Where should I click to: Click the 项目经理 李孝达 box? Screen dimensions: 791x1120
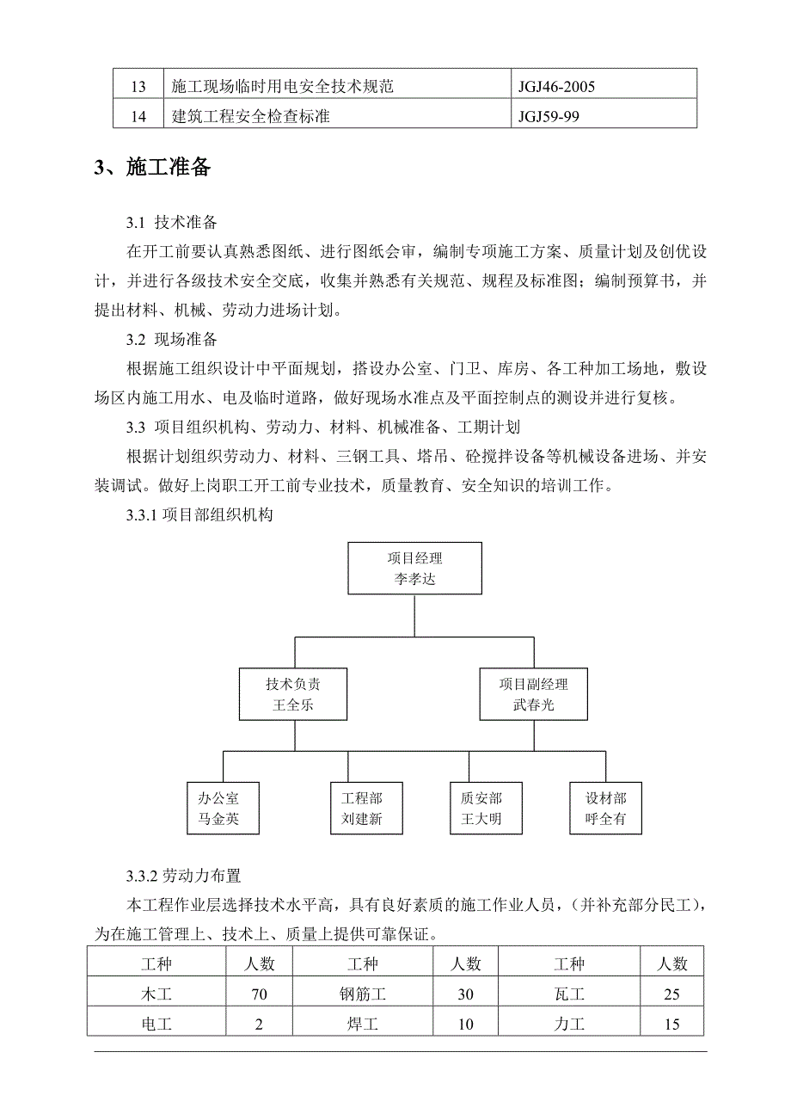pyautogui.click(x=414, y=569)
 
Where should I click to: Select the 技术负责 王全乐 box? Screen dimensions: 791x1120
pyautogui.click(x=294, y=696)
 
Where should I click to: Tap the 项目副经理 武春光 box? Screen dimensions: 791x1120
pyautogui.click(x=533, y=696)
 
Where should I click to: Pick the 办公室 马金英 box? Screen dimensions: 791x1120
pyautogui.click(x=218, y=809)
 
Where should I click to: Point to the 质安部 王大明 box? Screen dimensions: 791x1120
pyautogui.click(x=481, y=809)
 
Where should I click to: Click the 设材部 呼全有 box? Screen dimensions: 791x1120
pyautogui.click(x=606, y=809)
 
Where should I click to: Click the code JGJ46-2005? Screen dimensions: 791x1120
pyautogui.click(x=556, y=87)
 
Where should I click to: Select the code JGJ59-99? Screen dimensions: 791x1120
pyautogui.click(x=549, y=116)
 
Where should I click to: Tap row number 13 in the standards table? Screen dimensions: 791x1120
pyautogui.click(x=138, y=87)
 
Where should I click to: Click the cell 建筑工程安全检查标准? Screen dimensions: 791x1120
pyautogui.click(x=251, y=116)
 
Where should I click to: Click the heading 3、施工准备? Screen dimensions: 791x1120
pyautogui.click(x=152, y=167)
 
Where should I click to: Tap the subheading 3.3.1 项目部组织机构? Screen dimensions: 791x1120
pyautogui.click(x=199, y=515)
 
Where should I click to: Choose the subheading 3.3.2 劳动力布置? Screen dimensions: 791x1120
pyautogui.click(x=184, y=877)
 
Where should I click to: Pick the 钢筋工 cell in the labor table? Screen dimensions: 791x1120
pyautogui.click(x=363, y=994)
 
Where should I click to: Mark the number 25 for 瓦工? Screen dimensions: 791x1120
pyautogui.click(x=671, y=994)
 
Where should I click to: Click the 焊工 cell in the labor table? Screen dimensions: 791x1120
pyautogui.click(x=363, y=1024)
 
